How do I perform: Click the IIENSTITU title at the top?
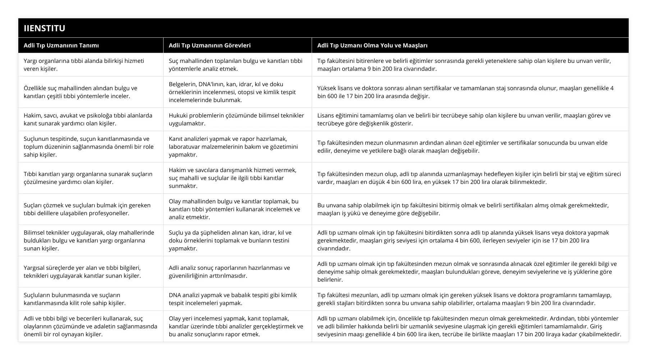click(x=45, y=28)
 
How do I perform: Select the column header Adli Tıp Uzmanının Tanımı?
click(x=61, y=45)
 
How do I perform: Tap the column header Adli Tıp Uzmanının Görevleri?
click(x=210, y=45)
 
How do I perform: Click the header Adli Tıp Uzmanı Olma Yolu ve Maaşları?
click(x=372, y=45)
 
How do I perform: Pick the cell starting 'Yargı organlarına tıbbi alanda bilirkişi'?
click(x=84, y=65)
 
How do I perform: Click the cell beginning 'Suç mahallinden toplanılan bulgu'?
click(x=235, y=65)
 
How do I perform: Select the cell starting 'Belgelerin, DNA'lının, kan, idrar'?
click(x=232, y=92)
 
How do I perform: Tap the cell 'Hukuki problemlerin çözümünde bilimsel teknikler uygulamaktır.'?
click(x=236, y=119)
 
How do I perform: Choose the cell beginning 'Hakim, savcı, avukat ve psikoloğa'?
click(x=88, y=119)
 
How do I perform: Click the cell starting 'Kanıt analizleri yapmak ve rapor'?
click(x=233, y=147)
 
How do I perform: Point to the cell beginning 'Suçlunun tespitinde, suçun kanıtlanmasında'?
click(x=88, y=147)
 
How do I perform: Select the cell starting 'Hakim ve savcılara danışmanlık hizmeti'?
click(x=233, y=178)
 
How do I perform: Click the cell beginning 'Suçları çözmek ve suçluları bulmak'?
click(x=87, y=209)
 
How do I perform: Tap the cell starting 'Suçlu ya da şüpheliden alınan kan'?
click(x=230, y=240)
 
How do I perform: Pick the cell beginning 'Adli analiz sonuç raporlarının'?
click(x=229, y=272)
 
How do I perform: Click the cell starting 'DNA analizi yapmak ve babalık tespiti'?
click(x=233, y=299)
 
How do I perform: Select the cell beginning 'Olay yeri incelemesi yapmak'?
click(x=236, y=326)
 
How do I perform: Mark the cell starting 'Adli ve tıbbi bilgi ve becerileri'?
click(x=90, y=326)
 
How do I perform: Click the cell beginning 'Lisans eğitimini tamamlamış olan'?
click(x=464, y=119)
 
